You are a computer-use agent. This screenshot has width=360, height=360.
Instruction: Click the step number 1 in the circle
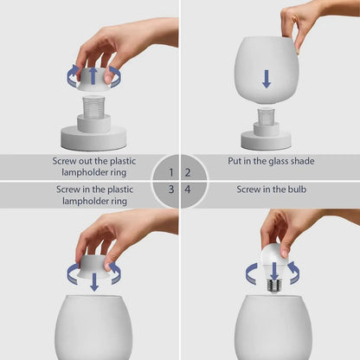(171, 173)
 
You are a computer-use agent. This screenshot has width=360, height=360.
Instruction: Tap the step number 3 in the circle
(171, 189)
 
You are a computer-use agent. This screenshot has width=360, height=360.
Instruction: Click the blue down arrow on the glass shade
(267, 79)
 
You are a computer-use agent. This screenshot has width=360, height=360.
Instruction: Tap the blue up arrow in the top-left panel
(93, 74)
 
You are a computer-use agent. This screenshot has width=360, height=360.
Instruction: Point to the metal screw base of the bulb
(275, 282)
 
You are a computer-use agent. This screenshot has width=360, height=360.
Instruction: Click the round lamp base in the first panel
(93, 136)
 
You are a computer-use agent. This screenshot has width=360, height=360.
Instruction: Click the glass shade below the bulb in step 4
(275, 329)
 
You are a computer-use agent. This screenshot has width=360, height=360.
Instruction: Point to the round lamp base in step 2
(266, 138)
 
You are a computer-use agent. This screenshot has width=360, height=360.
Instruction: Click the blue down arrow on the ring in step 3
(93, 280)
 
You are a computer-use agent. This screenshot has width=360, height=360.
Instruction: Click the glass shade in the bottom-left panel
(93, 329)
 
